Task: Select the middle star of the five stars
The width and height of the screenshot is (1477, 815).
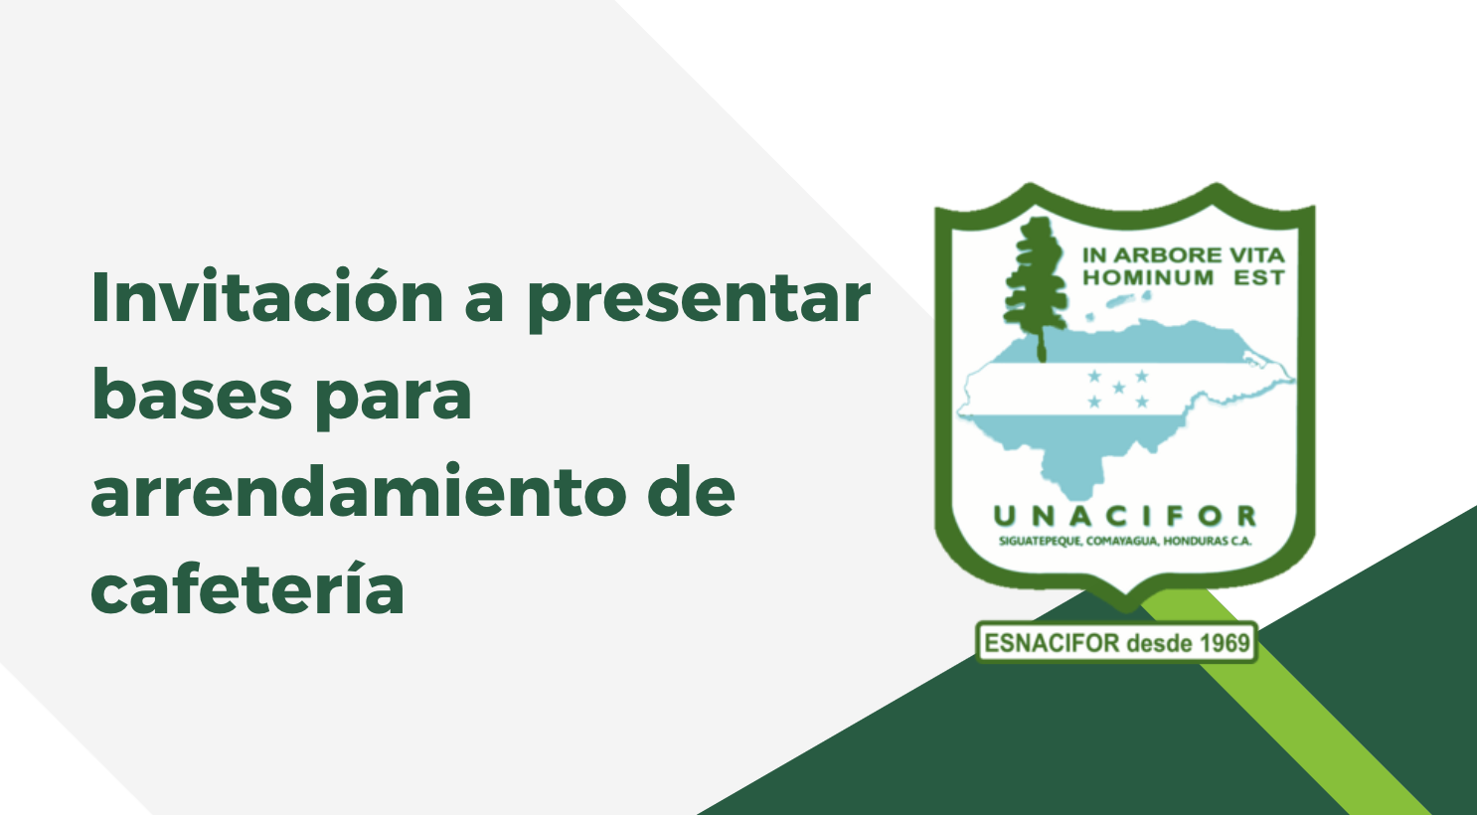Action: (1119, 388)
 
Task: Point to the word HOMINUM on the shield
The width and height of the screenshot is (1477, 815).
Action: (1148, 277)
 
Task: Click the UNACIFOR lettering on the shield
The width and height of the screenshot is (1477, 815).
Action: (1125, 516)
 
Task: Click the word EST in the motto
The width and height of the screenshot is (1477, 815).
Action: (1259, 277)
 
